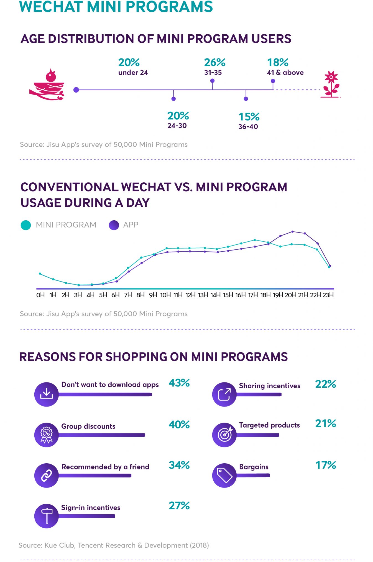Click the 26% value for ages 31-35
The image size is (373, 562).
pyautogui.click(x=214, y=62)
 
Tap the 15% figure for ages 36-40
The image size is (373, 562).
pyautogui.click(x=249, y=117)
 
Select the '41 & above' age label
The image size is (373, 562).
pyautogui.click(x=285, y=73)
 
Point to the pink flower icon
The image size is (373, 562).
pyautogui.click(x=331, y=84)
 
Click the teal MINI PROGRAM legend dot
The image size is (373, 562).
pyautogui.click(x=26, y=225)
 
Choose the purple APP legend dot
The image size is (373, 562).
pyautogui.click(x=114, y=225)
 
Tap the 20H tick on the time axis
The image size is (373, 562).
pyautogui.click(x=290, y=295)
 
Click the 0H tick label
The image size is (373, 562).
pyautogui.click(x=40, y=295)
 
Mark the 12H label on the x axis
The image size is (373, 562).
pyautogui.click(x=190, y=295)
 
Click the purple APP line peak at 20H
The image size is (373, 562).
pyautogui.click(x=292, y=232)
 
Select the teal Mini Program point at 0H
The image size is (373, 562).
pyautogui.click(x=40, y=274)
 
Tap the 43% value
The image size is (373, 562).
pyautogui.click(x=179, y=383)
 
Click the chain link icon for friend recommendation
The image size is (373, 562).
pyautogui.click(x=47, y=476)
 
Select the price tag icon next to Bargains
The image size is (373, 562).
pyautogui.click(x=224, y=476)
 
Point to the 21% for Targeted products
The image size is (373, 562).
pyautogui.click(x=325, y=423)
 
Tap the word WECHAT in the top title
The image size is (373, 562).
pyautogui.click(x=51, y=7)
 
